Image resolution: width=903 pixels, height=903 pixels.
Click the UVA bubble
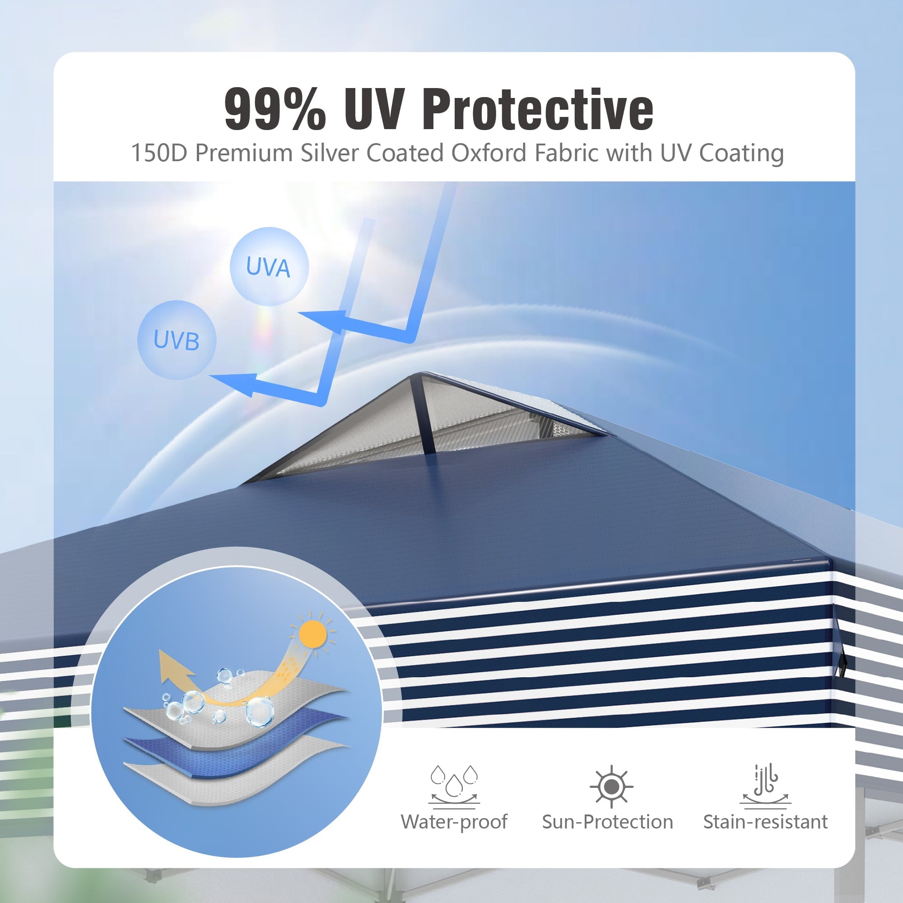(269, 267)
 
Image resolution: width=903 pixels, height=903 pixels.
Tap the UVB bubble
(177, 340)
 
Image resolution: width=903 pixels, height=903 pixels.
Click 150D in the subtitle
(159, 153)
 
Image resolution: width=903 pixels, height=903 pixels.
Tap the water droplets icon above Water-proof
(454, 787)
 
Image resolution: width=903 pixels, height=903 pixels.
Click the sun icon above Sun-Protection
(611, 787)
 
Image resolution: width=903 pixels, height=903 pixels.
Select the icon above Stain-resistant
(766, 786)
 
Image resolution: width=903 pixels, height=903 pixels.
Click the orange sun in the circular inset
(313, 634)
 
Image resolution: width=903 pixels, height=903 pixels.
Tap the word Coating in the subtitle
(741, 154)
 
